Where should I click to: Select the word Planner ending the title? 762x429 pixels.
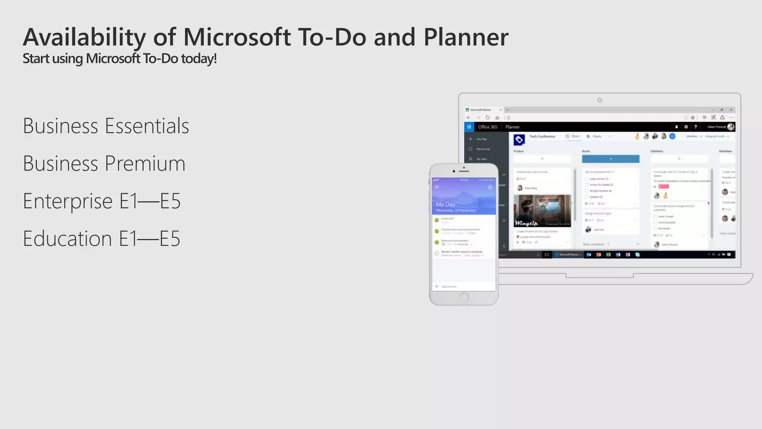coord(466,37)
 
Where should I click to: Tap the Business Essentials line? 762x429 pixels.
coord(106,126)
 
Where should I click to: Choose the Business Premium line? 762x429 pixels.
coord(104,163)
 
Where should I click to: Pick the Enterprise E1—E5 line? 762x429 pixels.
coord(102,201)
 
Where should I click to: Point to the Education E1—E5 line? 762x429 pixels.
coord(102,239)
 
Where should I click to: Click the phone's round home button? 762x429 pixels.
coord(464,298)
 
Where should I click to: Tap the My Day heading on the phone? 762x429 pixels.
coord(445,204)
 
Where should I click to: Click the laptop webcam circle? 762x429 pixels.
coord(599,100)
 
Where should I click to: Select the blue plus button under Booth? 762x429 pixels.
coord(611,159)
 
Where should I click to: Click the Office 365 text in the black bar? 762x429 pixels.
coord(487,127)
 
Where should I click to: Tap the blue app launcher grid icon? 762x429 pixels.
coord(469,127)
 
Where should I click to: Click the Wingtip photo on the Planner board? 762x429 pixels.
coord(542,211)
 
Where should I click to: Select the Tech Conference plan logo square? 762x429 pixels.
coord(519,140)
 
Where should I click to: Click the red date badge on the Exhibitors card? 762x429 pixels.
coord(663,186)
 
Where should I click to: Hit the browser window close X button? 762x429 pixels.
coord(731,110)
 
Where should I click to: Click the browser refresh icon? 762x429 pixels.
coord(487,118)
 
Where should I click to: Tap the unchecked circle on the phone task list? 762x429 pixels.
coord(437,253)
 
